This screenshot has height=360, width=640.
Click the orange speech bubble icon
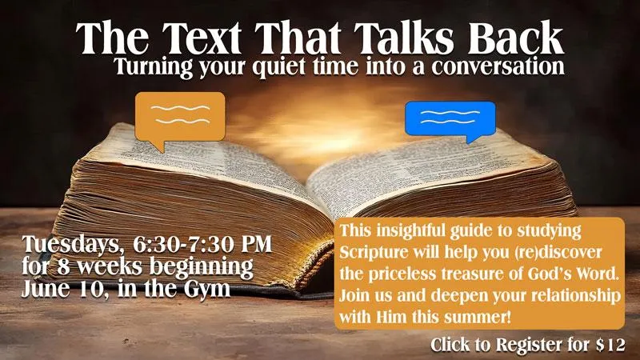[180, 117]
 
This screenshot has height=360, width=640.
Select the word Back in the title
[516, 38]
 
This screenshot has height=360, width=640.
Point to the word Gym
[206, 290]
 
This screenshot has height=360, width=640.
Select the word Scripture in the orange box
[374, 253]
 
